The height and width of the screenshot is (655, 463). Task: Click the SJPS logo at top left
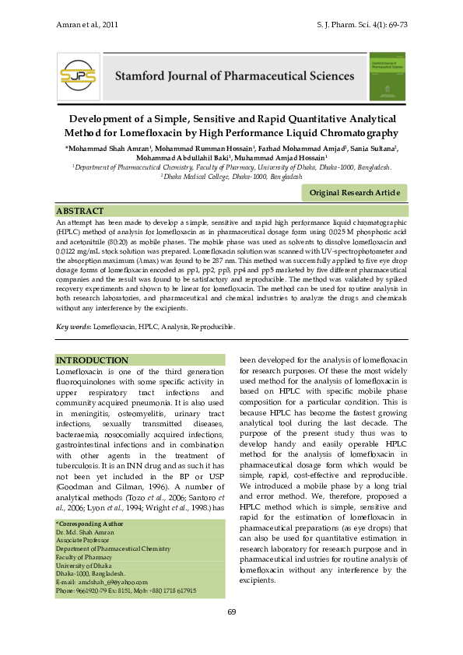[77, 75]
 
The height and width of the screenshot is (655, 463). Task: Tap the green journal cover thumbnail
[389, 75]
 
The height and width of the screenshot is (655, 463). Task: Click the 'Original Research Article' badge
[354, 192]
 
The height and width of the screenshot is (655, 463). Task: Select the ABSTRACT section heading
[80, 212]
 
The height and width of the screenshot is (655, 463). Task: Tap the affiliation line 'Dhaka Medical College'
[231, 177]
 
